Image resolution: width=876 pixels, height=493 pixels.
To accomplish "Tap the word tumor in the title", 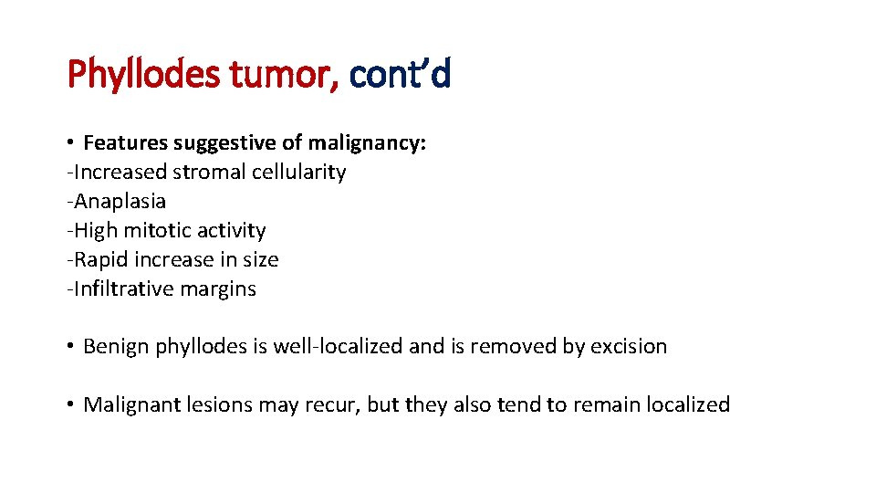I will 283,74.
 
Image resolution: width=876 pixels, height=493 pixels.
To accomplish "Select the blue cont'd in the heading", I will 400,74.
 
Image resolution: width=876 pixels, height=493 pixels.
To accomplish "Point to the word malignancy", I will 367,142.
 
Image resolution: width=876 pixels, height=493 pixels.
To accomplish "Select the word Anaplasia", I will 120,201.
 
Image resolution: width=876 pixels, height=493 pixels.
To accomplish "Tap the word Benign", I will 117,346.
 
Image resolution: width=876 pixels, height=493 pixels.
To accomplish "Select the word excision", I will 631,346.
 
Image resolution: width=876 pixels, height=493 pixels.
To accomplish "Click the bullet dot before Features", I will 70,143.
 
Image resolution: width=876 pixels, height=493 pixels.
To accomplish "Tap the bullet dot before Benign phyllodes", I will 70,347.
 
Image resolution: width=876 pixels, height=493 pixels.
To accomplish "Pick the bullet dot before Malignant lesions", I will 70,405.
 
